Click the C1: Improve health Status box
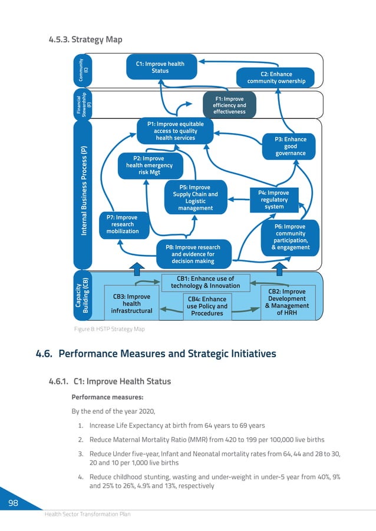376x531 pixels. coord(160,68)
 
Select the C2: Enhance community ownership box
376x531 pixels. coord(276,78)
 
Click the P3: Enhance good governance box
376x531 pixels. coord(290,146)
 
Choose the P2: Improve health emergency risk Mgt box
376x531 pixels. coord(149,165)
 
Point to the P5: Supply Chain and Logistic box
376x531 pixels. coord(195,198)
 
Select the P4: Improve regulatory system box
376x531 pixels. coord(274,200)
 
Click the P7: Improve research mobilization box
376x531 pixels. coord(122,224)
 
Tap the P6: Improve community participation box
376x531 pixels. coord(290,237)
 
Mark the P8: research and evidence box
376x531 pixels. coord(194,254)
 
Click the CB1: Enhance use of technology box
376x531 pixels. coord(205,282)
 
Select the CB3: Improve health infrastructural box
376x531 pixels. coord(131,303)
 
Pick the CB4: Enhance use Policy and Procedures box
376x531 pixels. coord(207,306)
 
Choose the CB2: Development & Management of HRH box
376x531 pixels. coord(287,302)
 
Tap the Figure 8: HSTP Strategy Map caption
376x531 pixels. coord(109,328)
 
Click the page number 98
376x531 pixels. coord(12,502)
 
